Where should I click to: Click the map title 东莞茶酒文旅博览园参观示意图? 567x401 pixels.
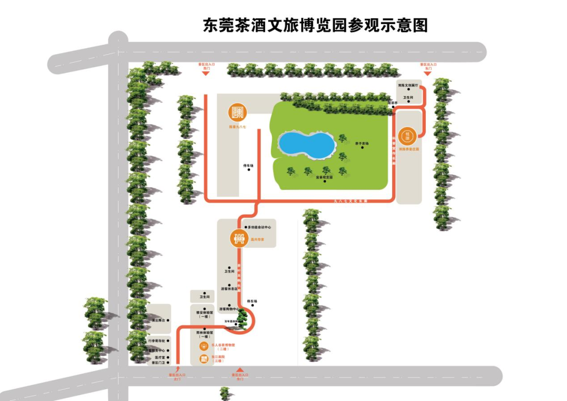[316, 25]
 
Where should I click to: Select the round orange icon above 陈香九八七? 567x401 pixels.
[237, 112]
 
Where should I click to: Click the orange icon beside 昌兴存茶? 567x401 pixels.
[239, 239]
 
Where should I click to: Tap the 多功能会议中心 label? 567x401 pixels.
[259, 227]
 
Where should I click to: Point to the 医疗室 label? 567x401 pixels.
[159, 356]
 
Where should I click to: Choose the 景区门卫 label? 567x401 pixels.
[158, 363]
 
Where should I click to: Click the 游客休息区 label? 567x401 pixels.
[229, 289]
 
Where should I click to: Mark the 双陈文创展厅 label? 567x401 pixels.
[408, 85]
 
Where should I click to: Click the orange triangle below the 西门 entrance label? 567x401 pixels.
[206, 73]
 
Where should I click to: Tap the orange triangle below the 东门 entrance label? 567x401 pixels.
[428, 73]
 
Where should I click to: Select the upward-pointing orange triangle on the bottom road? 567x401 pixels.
[240, 370]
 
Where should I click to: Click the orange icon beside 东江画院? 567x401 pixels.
[204, 359]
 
